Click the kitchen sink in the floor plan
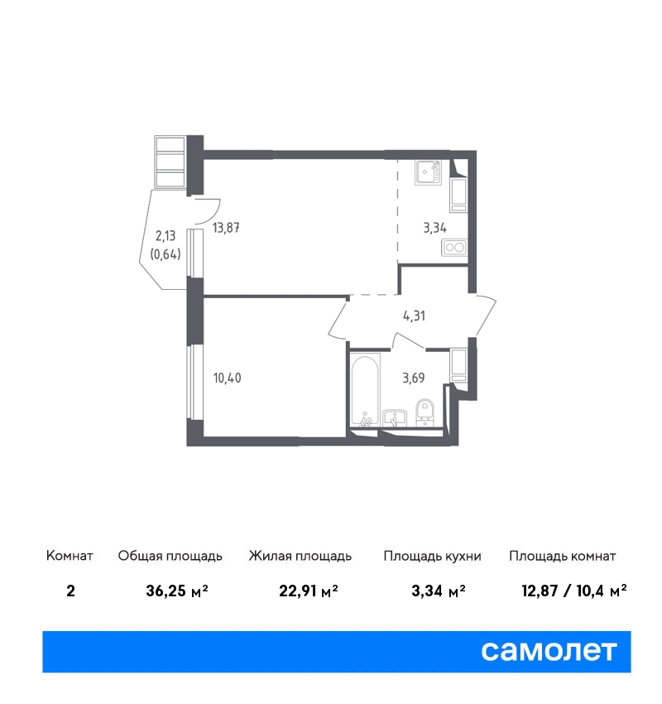428,171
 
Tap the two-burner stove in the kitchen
454,248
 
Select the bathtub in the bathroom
365,389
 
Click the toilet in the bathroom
425,412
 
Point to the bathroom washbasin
395,417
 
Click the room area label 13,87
226,228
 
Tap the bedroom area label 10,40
227,378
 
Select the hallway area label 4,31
414,316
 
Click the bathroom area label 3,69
413,378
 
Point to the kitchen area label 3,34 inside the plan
434,228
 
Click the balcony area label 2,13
165,236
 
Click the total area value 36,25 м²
177,591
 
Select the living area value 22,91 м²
308,591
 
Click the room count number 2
70,591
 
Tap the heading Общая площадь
170,557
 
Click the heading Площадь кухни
432,557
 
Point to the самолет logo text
549,651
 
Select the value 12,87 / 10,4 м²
574,591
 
